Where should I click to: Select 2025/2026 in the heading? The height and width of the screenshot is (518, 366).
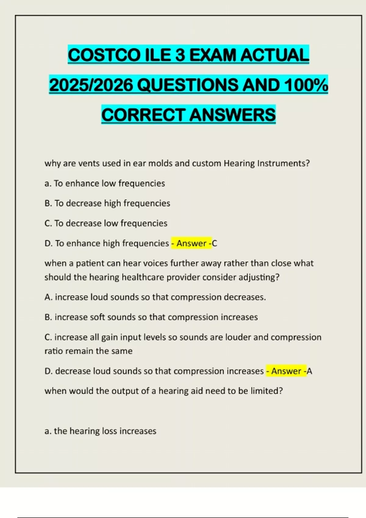[x=91, y=85]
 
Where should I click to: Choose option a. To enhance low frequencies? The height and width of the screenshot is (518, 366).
[x=105, y=183]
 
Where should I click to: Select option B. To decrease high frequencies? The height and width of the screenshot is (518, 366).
[x=107, y=203]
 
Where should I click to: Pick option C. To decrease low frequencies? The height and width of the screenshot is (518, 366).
[x=106, y=223]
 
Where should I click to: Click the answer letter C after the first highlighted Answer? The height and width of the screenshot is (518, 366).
[x=214, y=243]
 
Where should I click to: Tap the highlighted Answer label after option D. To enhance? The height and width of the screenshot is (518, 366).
[x=191, y=243]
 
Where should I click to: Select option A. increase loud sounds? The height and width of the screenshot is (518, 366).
[x=155, y=297]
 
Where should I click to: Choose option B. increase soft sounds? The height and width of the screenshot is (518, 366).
[x=151, y=317]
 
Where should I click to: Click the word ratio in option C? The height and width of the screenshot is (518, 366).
[x=53, y=351]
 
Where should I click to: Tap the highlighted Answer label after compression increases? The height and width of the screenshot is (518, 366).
[x=286, y=371]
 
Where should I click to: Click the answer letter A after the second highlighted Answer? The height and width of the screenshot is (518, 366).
[x=309, y=371]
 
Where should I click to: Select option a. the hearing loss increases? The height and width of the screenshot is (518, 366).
[x=100, y=431]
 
